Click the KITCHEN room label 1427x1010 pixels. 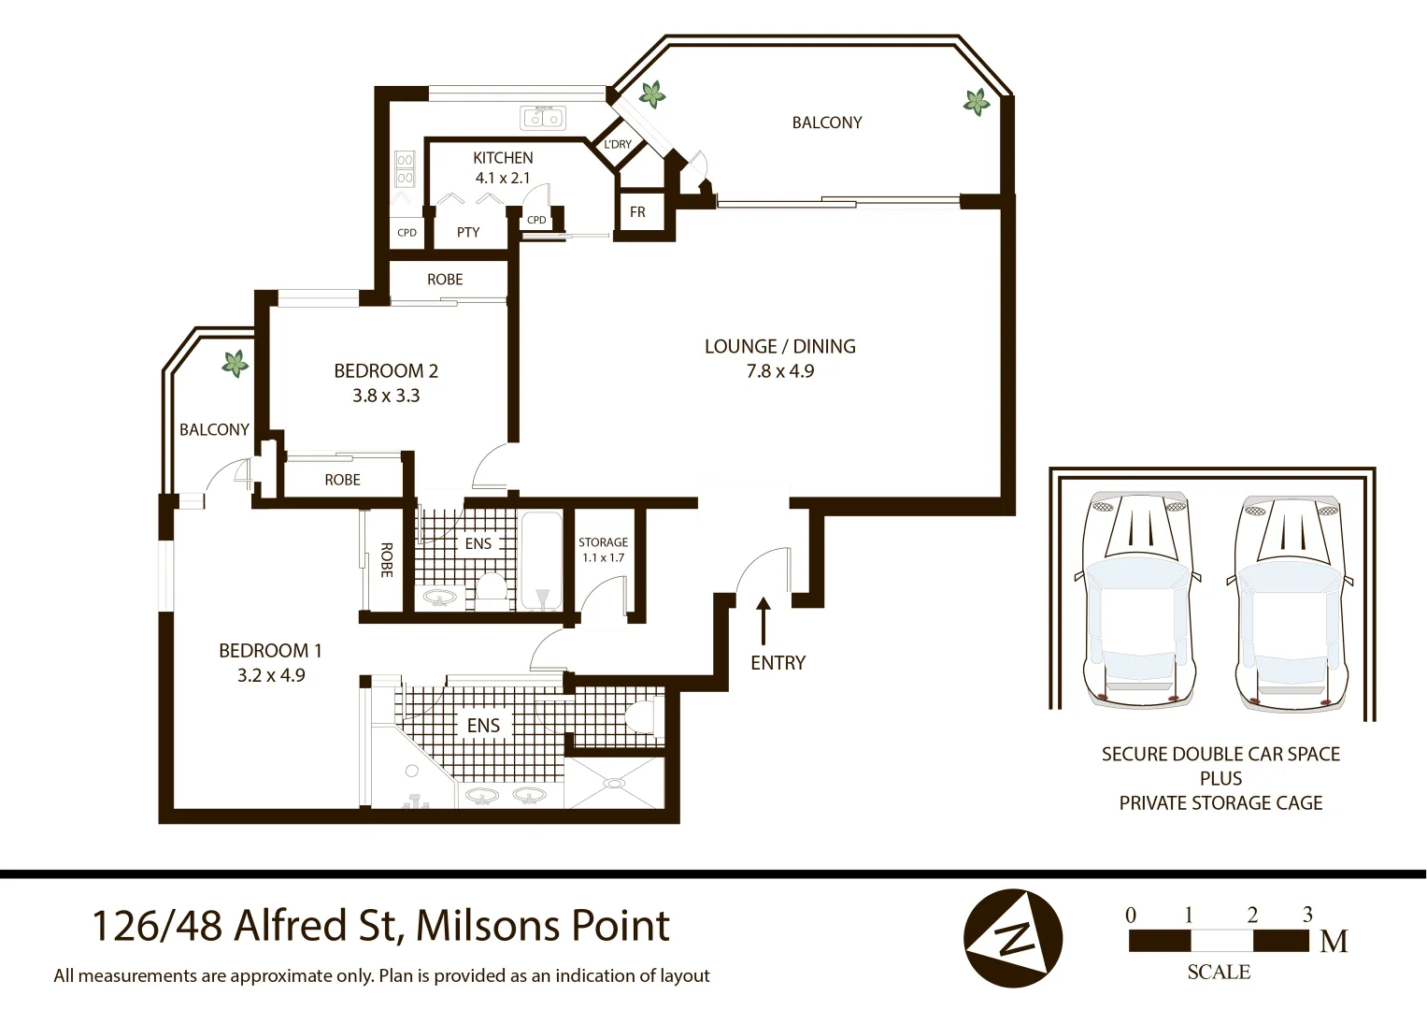pyautogui.click(x=503, y=158)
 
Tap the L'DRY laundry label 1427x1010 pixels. pyautogui.click(x=618, y=145)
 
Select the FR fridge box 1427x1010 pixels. pyautogui.click(x=637, y=212)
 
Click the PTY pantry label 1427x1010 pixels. pyautogui.click(x=468, y=232)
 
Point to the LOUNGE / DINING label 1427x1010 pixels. pyautogui.click(x=779, y=346)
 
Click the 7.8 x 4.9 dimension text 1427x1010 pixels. pyautogui.click(x=779, y=371)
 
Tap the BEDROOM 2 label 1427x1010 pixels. pyautogui.click(x=386, y=370)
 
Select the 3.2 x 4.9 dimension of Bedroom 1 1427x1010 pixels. pyautogui.click(x=271, y=675)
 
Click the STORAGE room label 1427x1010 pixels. pyautogui.click(x=603, y=542)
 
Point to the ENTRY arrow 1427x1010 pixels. pyautogui.click(x=763, y=622)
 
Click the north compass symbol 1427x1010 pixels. pyautogui.click(x=1013, y=938)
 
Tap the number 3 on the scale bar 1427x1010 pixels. pyautogui.click(x=1307, y=915)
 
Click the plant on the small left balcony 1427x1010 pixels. pyautogui.click(x=235, y=363)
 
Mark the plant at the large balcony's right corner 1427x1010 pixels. pyautogui.click(x=977, y=102)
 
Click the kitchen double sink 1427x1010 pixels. pyautogui.click(x=543, y=118)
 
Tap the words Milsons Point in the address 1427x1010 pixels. pyautogui.click(x=542, y=926)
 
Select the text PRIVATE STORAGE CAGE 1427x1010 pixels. pyautogui.click(x=1220, y=802)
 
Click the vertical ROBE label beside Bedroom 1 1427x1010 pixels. pyautogui.click(x=386, y=559)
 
